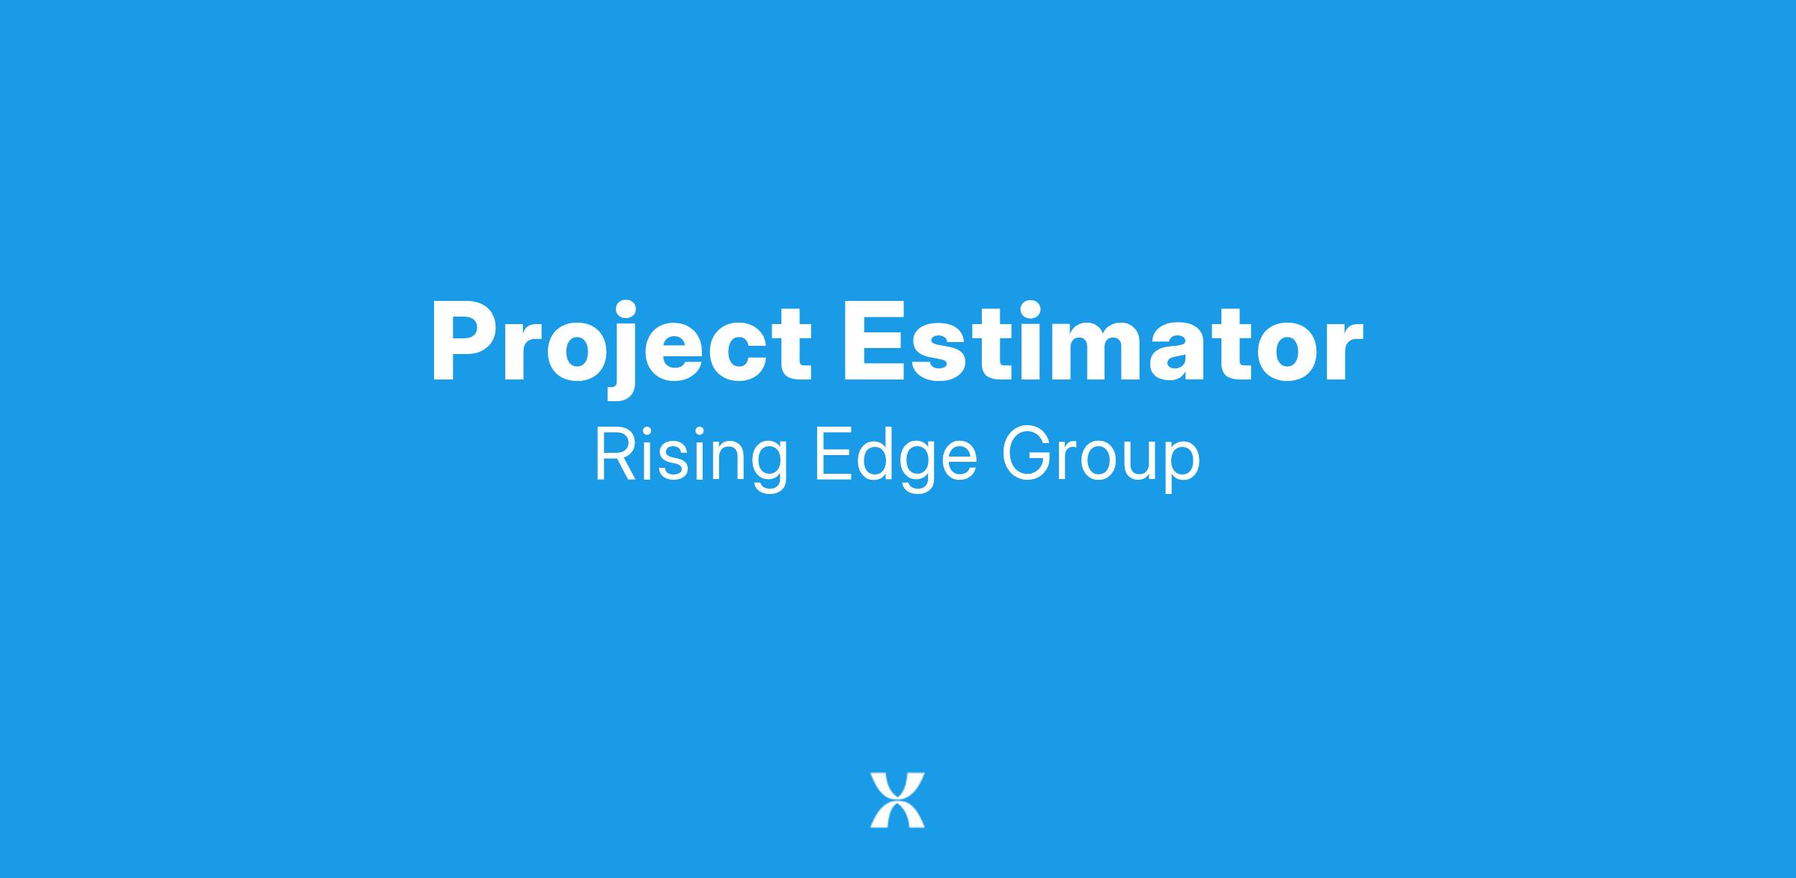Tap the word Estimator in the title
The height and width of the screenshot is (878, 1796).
(x=1102, y=343)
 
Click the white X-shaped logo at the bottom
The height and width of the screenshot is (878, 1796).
(x=897, y=800)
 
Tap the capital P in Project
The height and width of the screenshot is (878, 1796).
(x=462, y=342)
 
